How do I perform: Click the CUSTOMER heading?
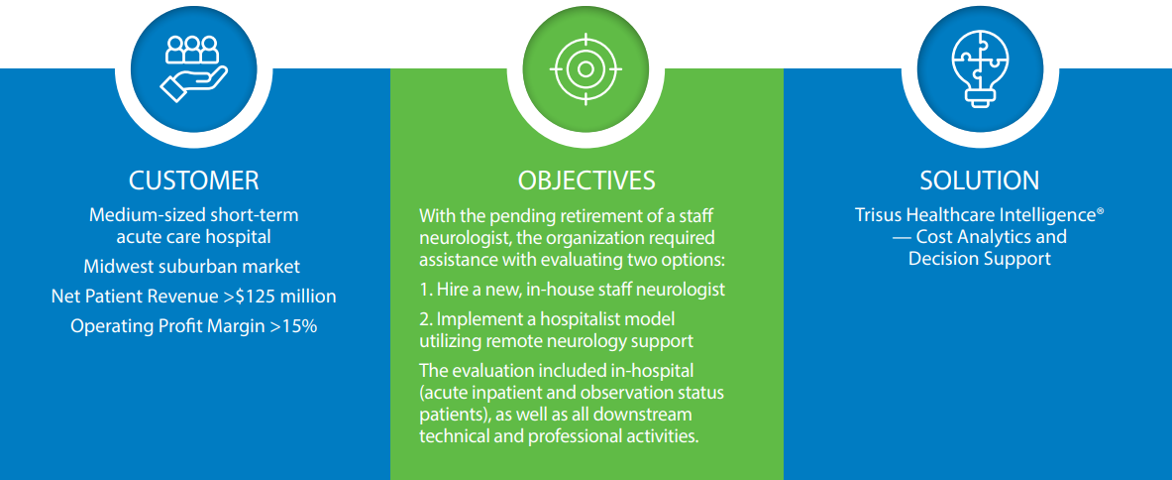point(193,180)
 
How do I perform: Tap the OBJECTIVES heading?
point(586,180)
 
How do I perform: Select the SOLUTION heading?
point(979,180)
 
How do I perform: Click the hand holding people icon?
point(193,68)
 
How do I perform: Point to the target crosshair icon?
point(586,68)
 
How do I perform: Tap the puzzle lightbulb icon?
point(979,68)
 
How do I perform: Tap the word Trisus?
point(881,215)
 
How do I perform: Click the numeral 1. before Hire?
point(425,291)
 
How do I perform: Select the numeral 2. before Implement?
point(425,319)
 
